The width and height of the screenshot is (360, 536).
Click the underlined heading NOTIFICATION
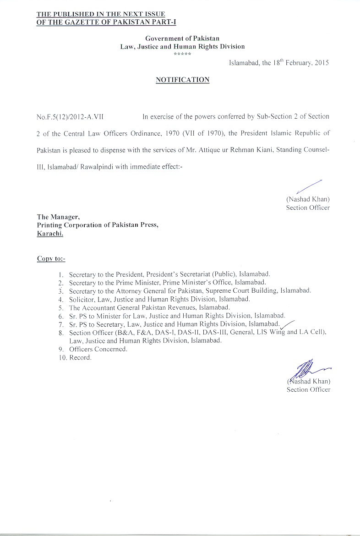(x=182, y=80)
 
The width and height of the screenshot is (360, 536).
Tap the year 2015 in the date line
(x=321, y=63)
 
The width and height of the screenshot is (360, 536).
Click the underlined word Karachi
(x=50, y=233)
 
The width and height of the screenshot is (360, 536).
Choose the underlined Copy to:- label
(x=51, y=259)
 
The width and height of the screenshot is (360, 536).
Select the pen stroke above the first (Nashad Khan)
(x=309, y=187)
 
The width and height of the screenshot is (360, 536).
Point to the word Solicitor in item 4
(x=82, y=299)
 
